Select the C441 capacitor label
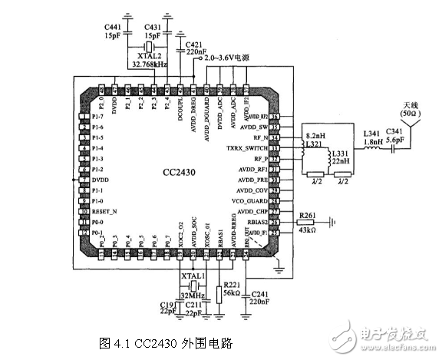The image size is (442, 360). [113, 28]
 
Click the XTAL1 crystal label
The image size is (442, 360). [191, 276]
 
